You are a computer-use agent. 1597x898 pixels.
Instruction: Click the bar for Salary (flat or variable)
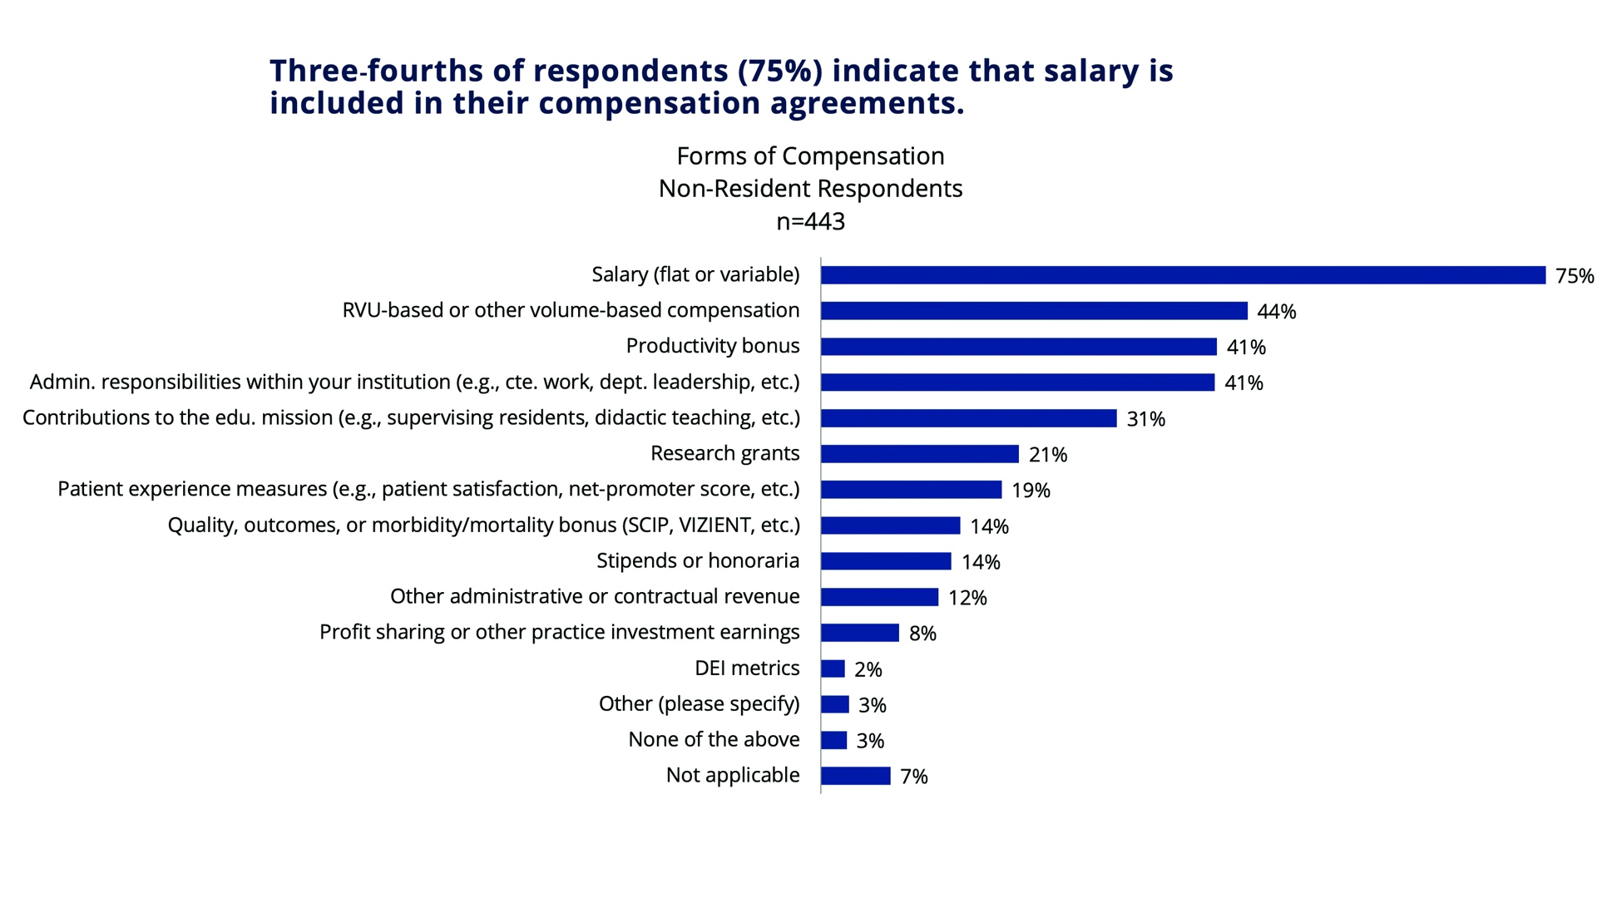coord(1183,275)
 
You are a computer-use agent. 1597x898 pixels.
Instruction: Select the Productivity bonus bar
coord(1018,347)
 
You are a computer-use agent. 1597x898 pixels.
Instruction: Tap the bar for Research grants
coord(919,454)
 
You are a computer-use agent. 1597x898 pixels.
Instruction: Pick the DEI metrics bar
coord(833,669)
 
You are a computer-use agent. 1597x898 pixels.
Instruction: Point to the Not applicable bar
coord(855,776)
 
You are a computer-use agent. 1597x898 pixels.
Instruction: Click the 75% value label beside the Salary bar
coord(1575,276)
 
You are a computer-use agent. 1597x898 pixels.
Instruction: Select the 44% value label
coord(1276,312)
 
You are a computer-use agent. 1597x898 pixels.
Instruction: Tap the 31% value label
coord(1145,419)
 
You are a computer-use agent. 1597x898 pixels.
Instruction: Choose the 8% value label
coord(922,634)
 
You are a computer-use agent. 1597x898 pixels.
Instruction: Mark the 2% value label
coord(868,669)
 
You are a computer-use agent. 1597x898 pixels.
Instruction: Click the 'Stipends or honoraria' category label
coord(697,560)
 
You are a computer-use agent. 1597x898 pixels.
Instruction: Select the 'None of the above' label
coord(714,739)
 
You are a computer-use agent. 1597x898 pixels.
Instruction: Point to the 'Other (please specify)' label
coord(699,703)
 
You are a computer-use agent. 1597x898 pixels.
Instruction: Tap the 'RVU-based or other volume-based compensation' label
coord(571,310)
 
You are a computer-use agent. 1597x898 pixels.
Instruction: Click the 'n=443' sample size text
coord(810,221)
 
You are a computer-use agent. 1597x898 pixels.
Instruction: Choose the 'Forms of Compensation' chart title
coord(810,156)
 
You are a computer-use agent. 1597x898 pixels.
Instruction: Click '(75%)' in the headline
coord(779,71)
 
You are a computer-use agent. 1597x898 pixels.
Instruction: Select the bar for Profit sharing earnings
coord(859,633)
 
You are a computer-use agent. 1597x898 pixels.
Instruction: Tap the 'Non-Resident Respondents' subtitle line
coord(810,189)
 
